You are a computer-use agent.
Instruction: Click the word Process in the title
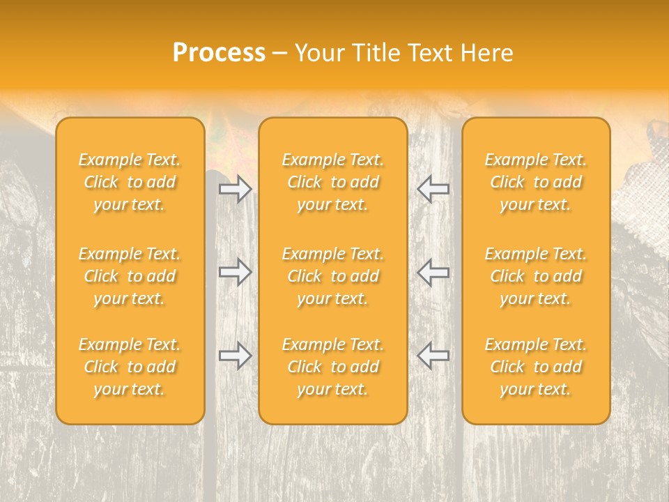point(219,53)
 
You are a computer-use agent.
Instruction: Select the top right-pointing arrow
point(235,189)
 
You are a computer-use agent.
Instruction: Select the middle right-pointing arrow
point(235,271)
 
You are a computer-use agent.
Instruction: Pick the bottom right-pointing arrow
point(235,355)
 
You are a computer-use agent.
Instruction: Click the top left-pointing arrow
point(433,189)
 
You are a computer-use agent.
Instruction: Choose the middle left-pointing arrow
point(433,271)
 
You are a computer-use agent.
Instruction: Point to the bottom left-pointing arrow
point(433,355)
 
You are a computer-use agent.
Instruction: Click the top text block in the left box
point(130,182)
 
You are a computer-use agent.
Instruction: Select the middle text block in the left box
point(130,276)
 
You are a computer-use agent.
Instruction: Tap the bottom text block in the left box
point(130,367)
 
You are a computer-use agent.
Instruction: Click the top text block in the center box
point(332,182)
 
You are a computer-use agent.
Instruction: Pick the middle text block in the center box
point(332,276)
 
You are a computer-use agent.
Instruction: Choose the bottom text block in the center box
point(332,367)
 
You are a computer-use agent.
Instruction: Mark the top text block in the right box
point(535,182)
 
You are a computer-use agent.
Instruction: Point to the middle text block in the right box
point(535,276)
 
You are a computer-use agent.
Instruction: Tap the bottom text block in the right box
point(535,367)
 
